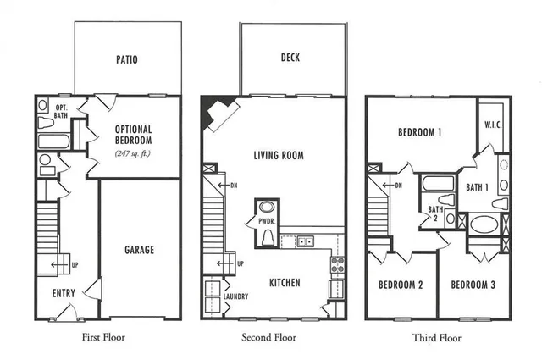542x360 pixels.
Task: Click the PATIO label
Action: click(127, 60)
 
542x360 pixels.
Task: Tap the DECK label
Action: click(290, 58)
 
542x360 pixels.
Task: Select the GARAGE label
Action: click(139, 250)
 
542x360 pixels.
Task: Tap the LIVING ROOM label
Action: click(279, 156)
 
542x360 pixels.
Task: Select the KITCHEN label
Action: click(285, 283)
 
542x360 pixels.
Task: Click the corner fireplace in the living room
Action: click(217, 114)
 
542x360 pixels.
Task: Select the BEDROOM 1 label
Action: click(421, 132)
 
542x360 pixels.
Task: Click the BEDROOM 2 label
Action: click(401, 285)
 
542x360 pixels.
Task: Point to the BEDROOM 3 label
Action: click(473, 285)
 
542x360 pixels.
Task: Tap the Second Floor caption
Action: click(273, 337)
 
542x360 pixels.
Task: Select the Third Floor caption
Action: click(437, 337)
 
